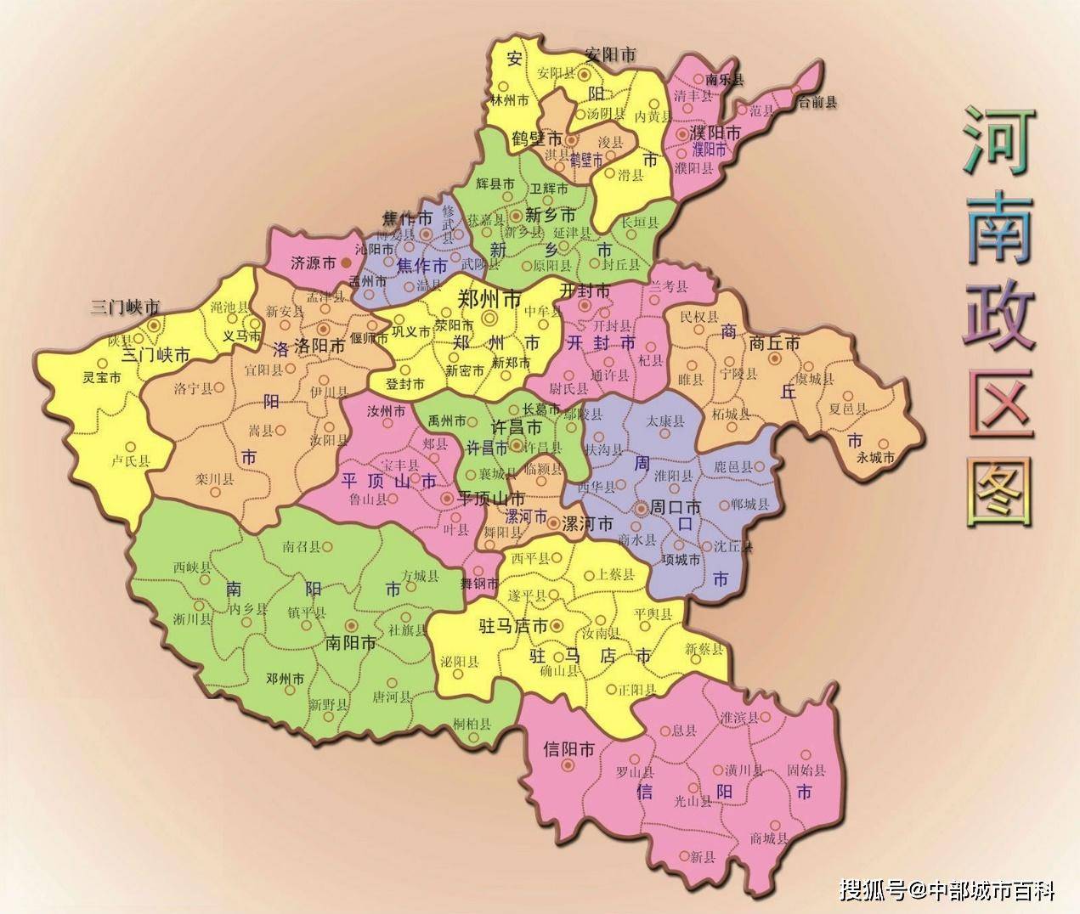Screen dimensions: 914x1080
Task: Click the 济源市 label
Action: tap(314, 263)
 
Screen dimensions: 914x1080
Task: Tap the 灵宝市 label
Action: tap(101, 377)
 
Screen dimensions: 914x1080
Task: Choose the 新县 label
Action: tap(703, 857)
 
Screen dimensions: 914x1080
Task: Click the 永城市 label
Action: tap(875, 457)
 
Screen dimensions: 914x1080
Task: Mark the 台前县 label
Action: tap(816, 102)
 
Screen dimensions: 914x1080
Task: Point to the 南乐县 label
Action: tap(724, 80)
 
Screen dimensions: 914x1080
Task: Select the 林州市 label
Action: tap(510, 100)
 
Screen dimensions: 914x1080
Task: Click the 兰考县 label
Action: tap(668, 286)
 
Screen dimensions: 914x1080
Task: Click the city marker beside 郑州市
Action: tap(489, 318)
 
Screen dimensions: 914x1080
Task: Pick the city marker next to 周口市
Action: tap(640, 508)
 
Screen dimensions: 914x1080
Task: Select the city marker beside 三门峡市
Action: tap(153, 324)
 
